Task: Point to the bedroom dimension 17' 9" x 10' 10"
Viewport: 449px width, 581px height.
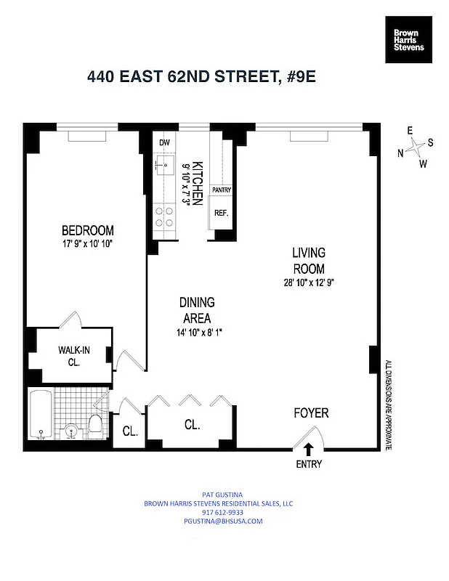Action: click(87, 245)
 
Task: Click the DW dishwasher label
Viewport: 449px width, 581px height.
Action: click(164, 142)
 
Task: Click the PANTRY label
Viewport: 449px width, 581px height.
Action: click(221, 190)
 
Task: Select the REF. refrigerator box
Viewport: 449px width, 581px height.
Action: click(221, 214)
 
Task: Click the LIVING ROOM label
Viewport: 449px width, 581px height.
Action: click(309, 261)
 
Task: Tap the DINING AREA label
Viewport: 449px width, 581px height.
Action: click(196, 310)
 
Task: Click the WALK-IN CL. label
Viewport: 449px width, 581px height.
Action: click(73, 355)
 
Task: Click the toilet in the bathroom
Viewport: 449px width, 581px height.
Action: click(94, 424)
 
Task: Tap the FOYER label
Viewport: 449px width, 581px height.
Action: click(311, 413)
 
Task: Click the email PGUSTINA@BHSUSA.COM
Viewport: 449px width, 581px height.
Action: click(224, 521)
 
